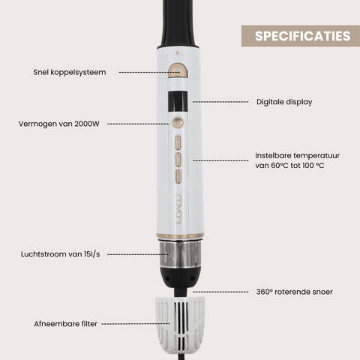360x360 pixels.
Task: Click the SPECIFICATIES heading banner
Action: point(301,36)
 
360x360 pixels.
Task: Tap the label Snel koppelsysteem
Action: point(70,73)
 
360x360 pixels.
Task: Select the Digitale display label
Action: point(284,102)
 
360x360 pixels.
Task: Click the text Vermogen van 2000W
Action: point(59,124)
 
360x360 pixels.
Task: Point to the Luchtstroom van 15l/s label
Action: point(60,254)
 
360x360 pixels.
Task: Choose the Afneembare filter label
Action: point(65,324)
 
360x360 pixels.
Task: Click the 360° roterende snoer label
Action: point(294,292)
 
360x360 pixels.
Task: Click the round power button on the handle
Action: point(177,124)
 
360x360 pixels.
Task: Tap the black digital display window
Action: point(178,102)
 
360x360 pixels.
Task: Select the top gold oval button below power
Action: point(178,142)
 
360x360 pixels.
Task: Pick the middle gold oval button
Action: point(178,160)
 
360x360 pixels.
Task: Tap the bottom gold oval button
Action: point(178,176)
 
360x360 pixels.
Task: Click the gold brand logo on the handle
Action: point(179,209)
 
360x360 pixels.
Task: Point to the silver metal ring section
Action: point(180,254)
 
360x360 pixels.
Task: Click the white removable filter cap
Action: point(180,325)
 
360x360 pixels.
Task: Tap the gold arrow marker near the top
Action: point(177,53)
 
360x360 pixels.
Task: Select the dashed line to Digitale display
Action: point(220,102)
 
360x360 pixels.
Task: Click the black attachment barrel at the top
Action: point(178,24)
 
